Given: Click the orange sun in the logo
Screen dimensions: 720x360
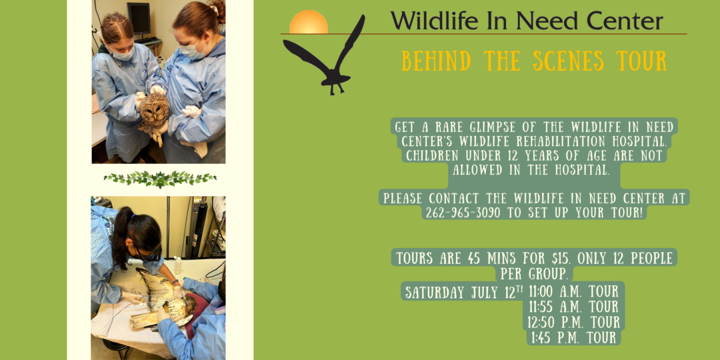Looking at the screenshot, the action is tap(309, 23).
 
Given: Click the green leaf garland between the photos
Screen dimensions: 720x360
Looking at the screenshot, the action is tap(160, 179).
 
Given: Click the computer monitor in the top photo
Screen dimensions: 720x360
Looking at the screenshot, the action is tap(139, 19).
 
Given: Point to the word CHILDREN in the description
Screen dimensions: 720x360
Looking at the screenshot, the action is tap(435, 155).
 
